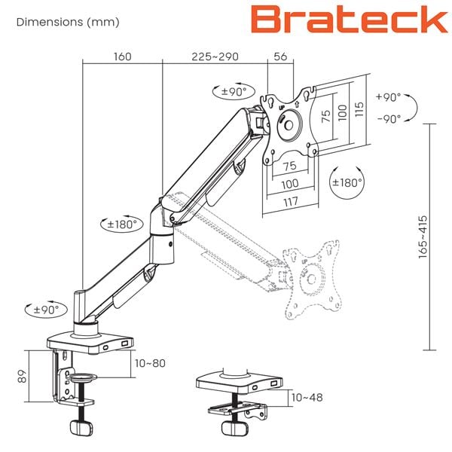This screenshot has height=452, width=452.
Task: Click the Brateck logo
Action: click(x=350, y=19)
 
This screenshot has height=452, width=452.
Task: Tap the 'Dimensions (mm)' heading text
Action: click(x=68, y=22)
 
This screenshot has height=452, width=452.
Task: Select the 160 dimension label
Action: click(x=123, y=56)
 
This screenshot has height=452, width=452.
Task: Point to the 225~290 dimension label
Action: click(x=215, y=56)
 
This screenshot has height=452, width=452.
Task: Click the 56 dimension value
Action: click(x=280, y=56)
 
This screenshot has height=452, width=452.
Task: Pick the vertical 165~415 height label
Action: click(x=423, y=237)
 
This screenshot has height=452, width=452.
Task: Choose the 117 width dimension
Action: click(x=291, y=201)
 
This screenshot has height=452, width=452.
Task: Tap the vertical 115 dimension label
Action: click(x=359, y=109)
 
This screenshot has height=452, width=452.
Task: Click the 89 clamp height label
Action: click(x=22, y=376)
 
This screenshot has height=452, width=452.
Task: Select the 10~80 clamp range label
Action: click(x=150, y=363)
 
